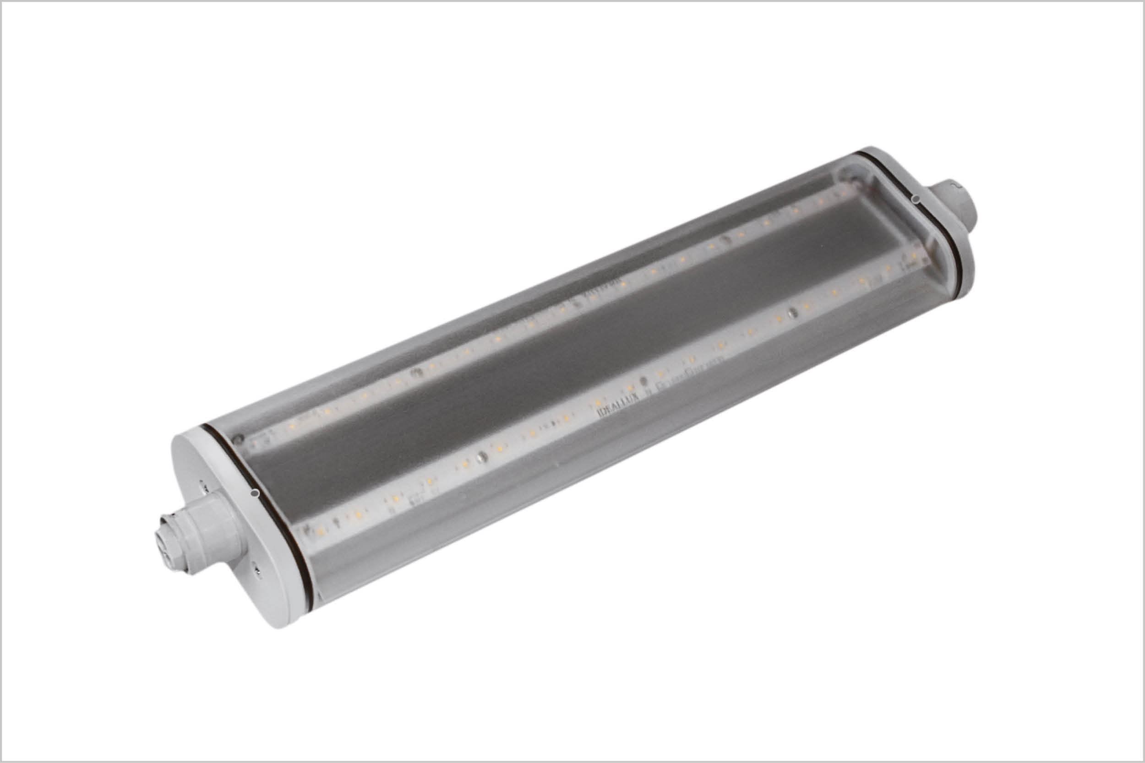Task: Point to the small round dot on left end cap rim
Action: click(x=254, y=494)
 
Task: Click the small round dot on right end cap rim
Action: click(x=916, y=199)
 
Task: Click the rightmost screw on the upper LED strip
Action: click(x=725, y=239)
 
